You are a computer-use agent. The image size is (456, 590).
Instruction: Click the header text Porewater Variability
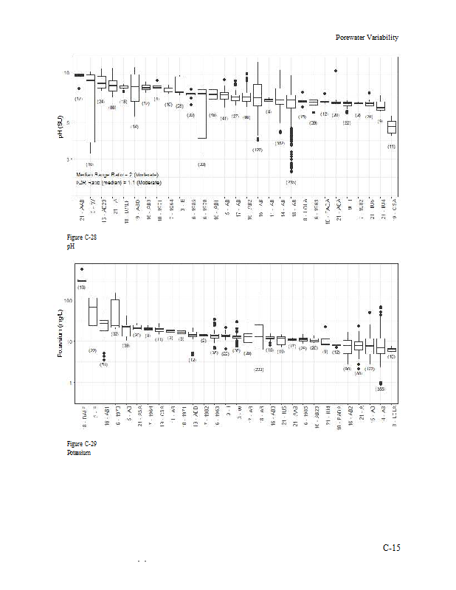(x=367, y=37)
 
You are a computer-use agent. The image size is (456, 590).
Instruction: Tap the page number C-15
(x=391, y=548)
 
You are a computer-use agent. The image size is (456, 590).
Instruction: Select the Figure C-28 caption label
(x=81, y=237)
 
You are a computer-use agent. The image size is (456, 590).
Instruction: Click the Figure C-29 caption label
(x=81, y=443)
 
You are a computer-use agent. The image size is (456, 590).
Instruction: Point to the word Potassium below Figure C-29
(x=78, y=452)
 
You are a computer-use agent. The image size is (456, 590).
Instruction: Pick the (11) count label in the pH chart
(x=392, y=146)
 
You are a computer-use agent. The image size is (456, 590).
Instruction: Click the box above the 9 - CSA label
(x=392, y=127)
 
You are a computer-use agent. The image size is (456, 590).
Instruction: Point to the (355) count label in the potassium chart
(x=380, y=389)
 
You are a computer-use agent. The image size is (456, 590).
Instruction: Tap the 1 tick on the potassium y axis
(x=70, y=383)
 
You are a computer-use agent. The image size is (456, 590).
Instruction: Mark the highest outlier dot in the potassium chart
(x=82, y=269)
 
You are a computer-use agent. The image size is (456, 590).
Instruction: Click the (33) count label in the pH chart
(x=201, y=164)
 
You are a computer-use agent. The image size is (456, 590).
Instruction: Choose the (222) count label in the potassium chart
(x=259, y=369)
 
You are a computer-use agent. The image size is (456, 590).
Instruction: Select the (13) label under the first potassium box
(x=82, y=287)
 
